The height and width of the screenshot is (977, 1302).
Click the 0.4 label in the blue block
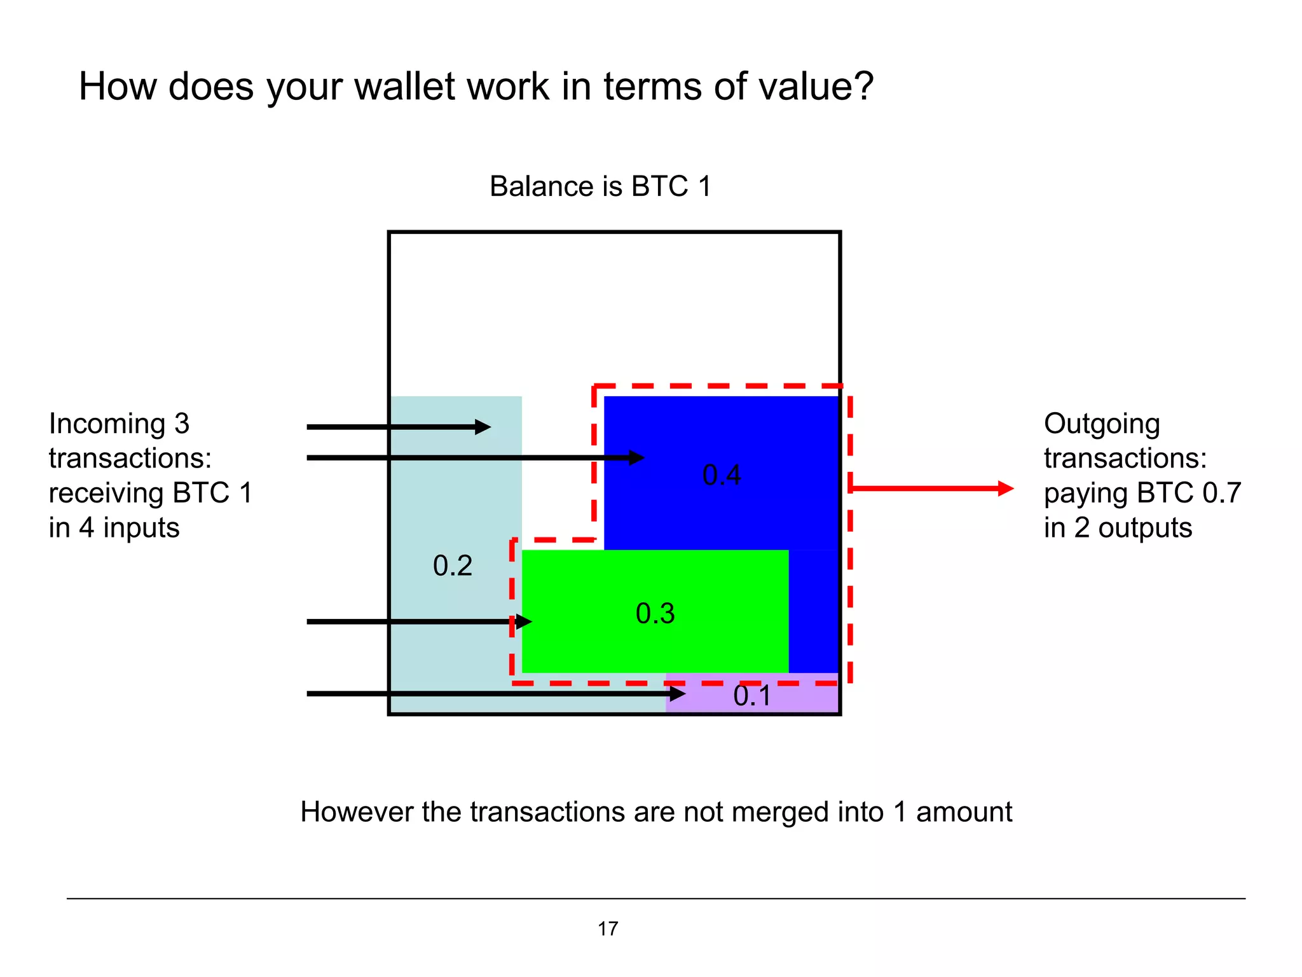coord(722,475)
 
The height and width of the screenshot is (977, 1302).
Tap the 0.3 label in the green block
coord(655,613)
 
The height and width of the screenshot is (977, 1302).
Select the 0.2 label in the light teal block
coord(453,565)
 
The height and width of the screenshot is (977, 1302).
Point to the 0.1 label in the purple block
coord(752,696)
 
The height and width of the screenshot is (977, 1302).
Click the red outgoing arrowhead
coord(1005,488)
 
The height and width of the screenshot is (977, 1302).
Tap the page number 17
coord(608,929)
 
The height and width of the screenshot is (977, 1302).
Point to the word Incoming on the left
coord(107,424)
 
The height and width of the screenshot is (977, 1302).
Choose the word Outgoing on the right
coord(1102,424)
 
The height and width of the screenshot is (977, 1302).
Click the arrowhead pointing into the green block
coord(524,621)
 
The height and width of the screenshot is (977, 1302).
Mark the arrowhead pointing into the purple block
coord(678,693)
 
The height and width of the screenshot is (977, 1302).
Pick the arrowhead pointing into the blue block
coord(636,457)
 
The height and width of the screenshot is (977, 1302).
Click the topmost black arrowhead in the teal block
coord(483,427)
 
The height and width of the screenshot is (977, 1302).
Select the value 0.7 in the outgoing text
coord(1221,493)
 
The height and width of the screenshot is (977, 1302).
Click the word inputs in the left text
coord(141,528)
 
